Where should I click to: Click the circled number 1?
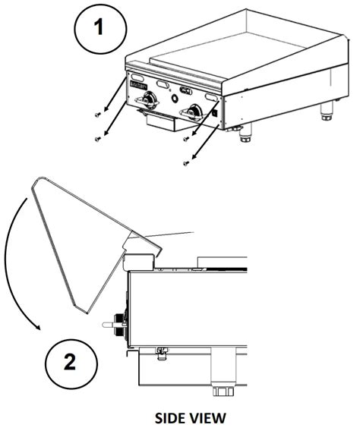100,29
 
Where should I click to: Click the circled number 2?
71,363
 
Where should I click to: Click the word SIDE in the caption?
169,418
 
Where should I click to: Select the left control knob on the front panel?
149,100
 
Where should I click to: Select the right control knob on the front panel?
194,113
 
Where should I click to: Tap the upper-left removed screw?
97,114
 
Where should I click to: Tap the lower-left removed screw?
97,139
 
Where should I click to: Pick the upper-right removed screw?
186,139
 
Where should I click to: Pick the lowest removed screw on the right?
186,163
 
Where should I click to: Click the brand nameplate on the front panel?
138,85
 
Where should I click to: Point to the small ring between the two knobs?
175,98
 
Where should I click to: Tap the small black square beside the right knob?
214,113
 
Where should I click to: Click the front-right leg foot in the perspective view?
245,136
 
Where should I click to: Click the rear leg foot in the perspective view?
327,114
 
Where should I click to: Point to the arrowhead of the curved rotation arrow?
37,327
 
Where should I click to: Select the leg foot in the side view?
223,391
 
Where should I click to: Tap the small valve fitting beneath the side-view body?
162,353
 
